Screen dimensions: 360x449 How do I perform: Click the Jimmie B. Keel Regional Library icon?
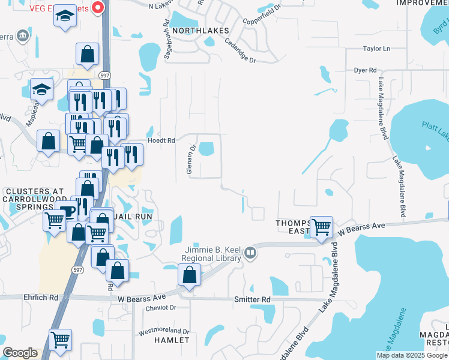coord(250,255)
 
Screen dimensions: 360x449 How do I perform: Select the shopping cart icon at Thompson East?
coord(321,227)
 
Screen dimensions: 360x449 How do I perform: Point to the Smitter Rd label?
coord(252,299)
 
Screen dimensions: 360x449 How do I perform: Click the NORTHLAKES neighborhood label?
coord(200,30)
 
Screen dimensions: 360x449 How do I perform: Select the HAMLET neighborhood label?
coord(172,340)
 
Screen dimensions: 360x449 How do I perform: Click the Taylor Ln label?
coord(376,49)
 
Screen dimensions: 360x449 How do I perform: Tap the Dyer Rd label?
coord(365,70)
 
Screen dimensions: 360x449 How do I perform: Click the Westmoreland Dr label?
coord(164,331)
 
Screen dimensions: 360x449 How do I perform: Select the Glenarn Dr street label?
coord(190,160)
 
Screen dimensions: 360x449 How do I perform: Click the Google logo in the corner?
coord(20,353)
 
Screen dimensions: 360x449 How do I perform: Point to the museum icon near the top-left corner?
coord(23,35)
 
